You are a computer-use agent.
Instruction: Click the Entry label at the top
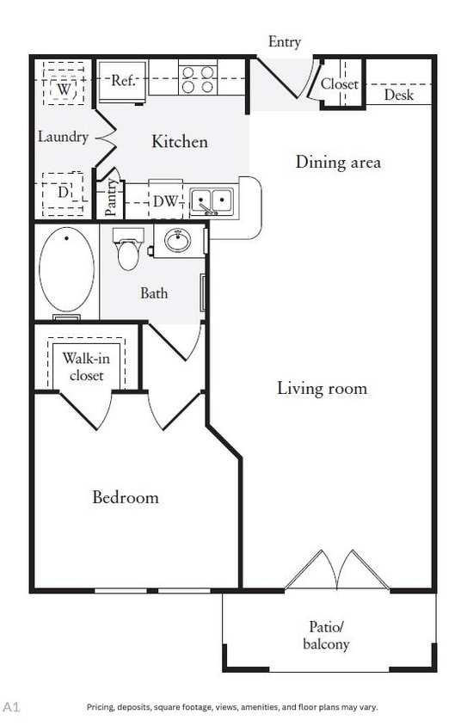coord(285,42)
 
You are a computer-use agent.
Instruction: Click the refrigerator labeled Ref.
coord(122,82)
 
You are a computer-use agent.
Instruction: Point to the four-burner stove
coord(197,80)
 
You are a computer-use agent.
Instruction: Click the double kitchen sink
coord(211,202)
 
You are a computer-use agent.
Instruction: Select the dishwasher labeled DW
coord(165,202)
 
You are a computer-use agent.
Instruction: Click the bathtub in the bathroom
coord(66,269)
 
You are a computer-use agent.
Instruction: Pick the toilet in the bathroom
coord(129,249)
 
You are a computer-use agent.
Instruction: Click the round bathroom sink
coord(178,241)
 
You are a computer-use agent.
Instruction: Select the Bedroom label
coord(126,497)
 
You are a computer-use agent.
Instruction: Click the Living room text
coord(322,388)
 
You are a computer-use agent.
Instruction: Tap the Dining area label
coord(338,162)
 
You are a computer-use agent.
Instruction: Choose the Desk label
coord(398,95)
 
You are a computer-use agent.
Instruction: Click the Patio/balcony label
coord(329,635)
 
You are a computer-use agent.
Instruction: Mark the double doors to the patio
coord(337,570)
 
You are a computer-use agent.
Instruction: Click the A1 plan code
coord(11,706)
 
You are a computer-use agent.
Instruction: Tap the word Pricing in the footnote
coord(100,707)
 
